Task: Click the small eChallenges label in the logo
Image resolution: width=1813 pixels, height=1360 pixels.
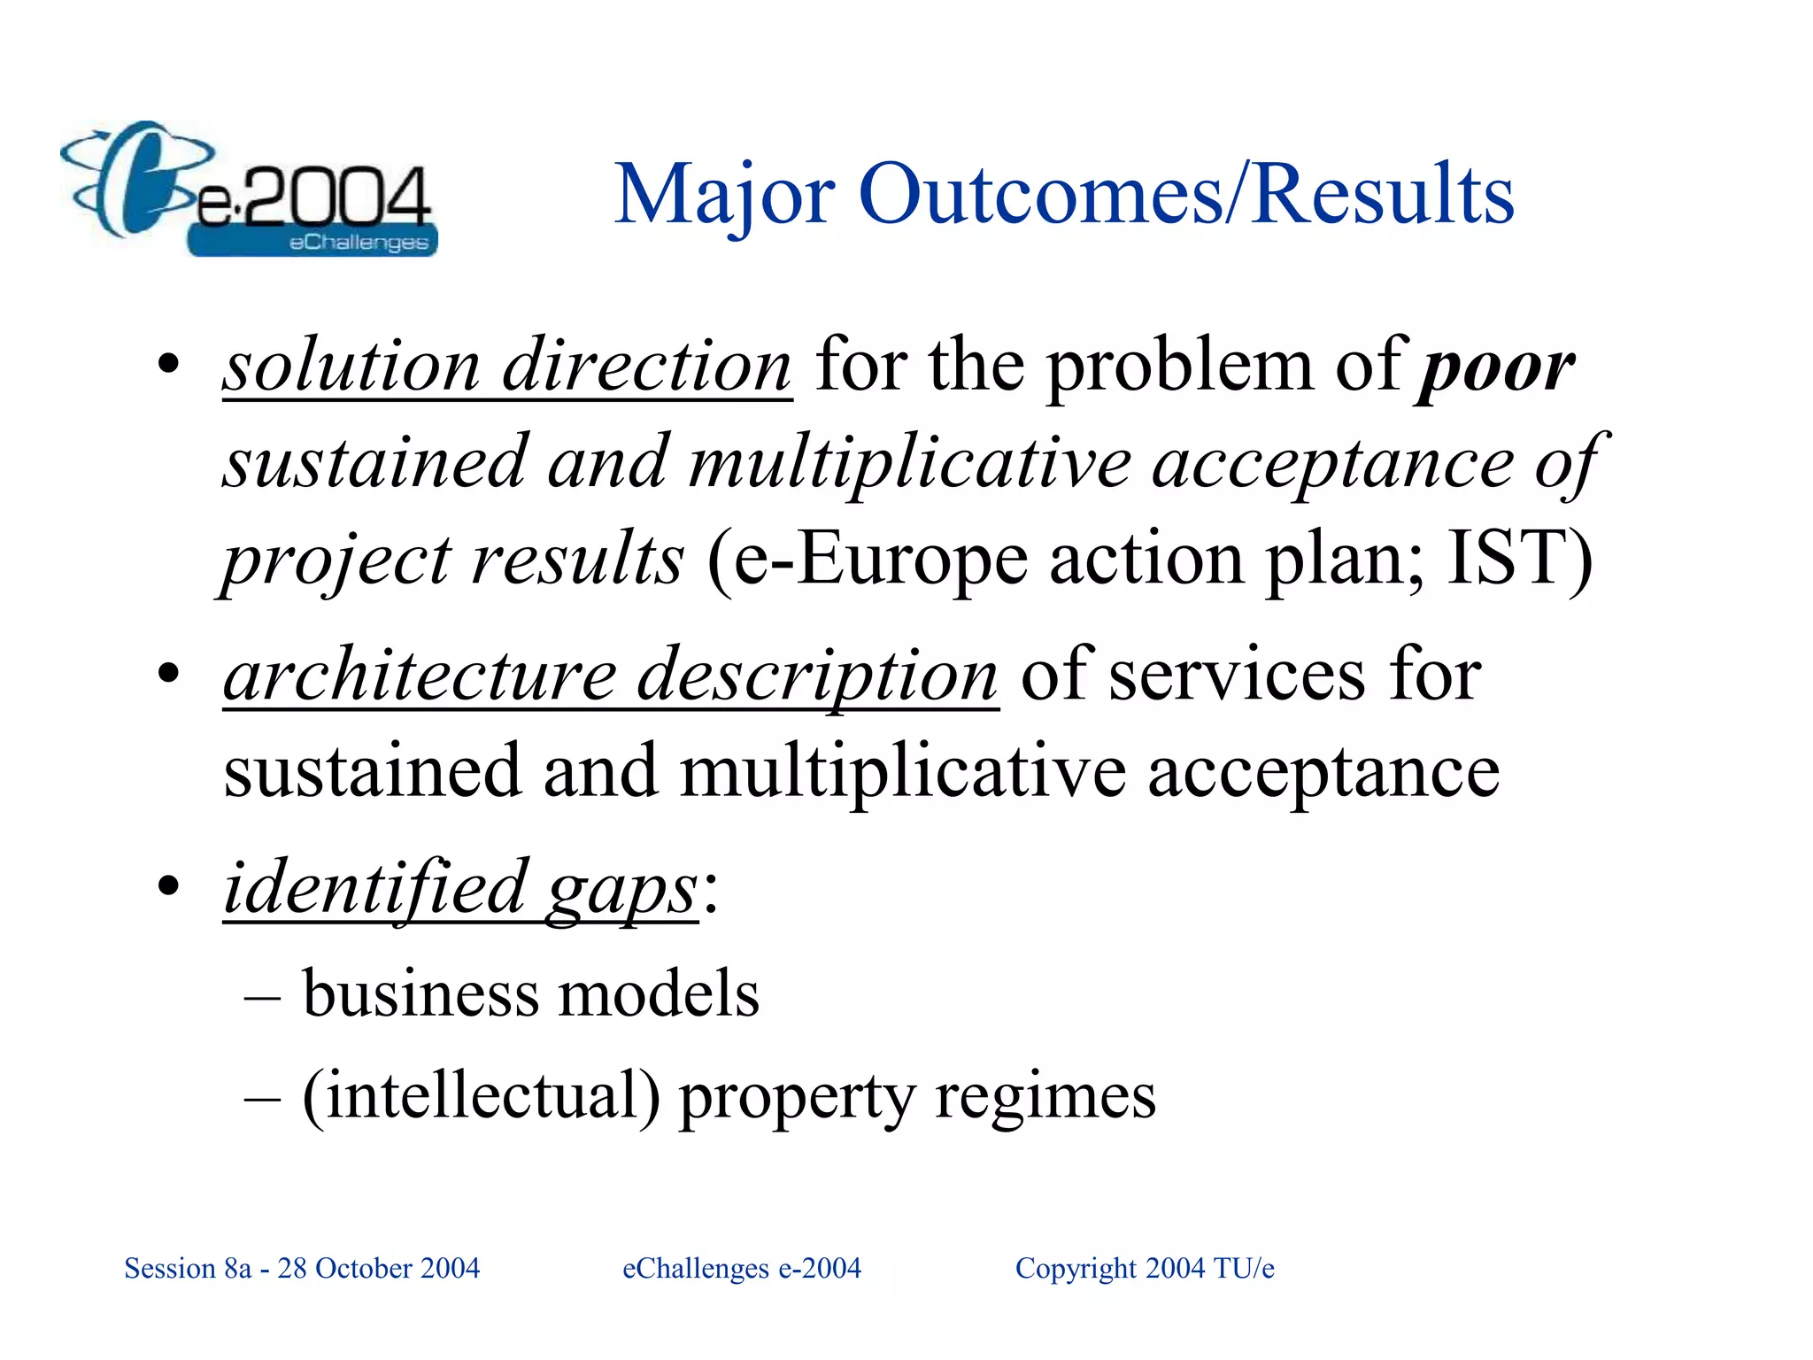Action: [359, 243]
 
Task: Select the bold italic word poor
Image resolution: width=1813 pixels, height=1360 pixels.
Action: [1495, 367]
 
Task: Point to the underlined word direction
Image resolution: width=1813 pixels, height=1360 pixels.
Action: [647, 367]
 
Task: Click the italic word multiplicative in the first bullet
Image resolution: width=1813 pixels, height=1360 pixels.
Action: [910, 464]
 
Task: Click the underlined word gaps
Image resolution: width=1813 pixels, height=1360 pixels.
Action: [622, 891]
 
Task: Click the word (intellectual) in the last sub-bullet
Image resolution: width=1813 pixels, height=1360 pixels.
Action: [482, 1096]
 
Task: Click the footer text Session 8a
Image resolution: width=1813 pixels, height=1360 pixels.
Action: [188, 1269]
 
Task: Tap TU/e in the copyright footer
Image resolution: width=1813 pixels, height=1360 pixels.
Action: [1244, 1269]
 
